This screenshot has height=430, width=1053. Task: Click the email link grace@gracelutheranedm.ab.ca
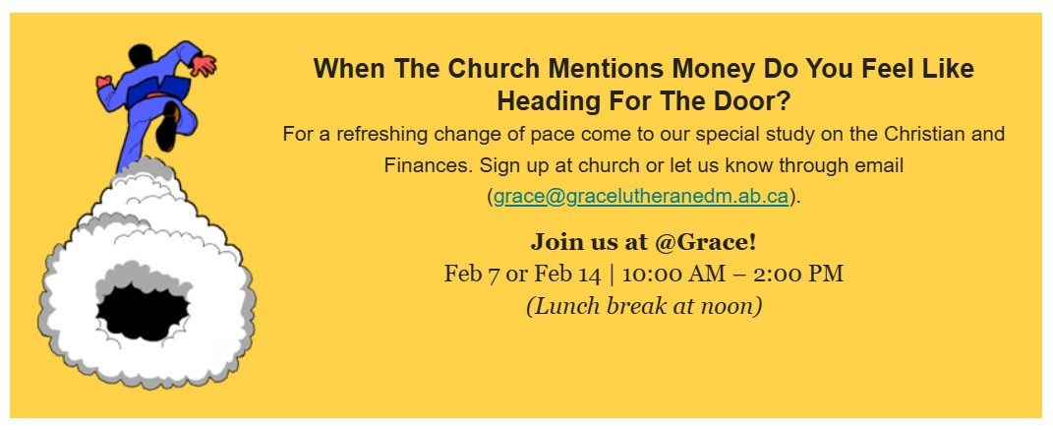pos(641,197)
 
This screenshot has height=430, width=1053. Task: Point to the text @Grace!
pos(706,242)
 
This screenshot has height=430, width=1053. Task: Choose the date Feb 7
pos(471,275)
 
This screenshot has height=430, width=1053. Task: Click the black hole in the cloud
pos(143,312)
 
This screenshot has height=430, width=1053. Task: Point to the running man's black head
pos(141,54)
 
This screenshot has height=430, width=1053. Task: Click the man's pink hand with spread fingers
pos(203,65)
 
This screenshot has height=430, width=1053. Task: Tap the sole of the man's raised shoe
pos(166,126)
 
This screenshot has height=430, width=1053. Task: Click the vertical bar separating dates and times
pos(612,275)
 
